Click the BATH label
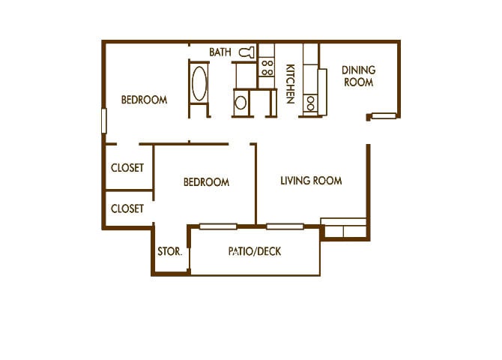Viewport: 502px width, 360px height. coord(220,52)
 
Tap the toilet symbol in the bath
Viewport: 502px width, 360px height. coord(247,52)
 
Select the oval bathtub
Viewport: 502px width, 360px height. coord(199,87)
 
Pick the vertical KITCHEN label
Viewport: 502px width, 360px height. coord(290,84)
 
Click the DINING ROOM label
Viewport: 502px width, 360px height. coord(358,76)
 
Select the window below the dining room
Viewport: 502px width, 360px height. coord(384,116)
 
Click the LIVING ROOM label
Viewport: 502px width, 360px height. coord(311,181)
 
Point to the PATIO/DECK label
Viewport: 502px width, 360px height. coord(255,251)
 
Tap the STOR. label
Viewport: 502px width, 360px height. coord(169,252)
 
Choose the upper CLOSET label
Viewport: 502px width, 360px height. coord(127,168)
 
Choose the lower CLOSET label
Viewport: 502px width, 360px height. coord(127,208)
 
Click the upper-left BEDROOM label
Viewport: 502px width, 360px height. coord(144,100)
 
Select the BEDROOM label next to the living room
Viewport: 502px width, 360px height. coord(206,182)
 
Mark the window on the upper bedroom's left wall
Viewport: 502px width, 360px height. coord(104,121)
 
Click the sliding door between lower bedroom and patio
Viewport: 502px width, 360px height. coord(218,226)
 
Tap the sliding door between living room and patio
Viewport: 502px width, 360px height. coord(285,226)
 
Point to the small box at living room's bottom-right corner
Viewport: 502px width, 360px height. coord(343,229)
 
